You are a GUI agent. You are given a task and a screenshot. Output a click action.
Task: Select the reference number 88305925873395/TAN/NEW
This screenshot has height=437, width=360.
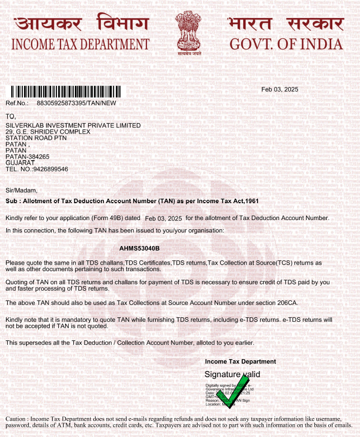coord(77,103)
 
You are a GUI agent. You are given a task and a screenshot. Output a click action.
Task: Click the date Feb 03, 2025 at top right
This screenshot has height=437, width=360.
coord(280,90)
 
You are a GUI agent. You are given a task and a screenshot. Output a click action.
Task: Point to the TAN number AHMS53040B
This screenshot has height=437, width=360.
coord(139,248)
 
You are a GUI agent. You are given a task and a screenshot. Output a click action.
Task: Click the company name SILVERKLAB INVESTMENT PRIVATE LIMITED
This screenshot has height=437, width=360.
coord(73,125)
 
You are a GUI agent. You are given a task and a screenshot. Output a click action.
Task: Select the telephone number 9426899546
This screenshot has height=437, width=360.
coord(50,169)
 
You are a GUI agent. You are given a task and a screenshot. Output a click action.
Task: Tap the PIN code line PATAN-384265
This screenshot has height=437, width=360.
coord(27,157)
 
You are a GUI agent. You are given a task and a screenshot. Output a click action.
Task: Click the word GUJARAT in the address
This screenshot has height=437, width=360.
coord(20,163)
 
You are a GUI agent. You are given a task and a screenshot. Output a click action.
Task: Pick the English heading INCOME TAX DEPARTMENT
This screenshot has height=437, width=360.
coord(80,44)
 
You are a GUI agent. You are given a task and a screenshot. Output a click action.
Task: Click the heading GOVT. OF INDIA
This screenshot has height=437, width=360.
coord(286,44)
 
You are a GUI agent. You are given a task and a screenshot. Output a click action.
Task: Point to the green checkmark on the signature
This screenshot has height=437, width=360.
coord(230,396)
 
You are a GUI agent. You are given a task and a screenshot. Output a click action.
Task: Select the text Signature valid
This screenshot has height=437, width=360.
coord(232,375)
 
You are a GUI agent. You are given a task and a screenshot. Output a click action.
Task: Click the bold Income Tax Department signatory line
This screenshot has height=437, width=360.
coord(240,362)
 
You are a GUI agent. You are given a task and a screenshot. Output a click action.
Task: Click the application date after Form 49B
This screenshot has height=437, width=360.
coord(163,218)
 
